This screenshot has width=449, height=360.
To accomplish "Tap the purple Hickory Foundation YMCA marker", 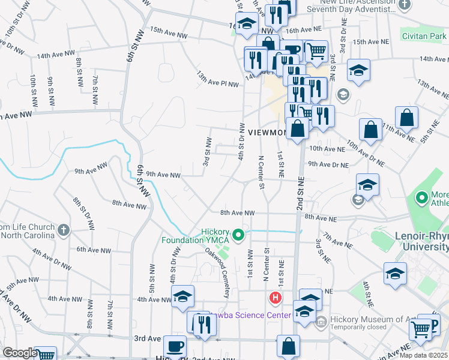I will [238, 235].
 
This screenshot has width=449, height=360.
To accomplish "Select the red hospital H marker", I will [275, 297].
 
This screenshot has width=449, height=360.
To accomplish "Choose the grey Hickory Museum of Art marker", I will [320, 322].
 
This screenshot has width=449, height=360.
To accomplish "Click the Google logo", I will [19, 353].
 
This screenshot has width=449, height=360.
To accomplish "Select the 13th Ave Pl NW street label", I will [217, 79].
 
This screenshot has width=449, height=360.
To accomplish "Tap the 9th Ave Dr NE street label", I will [328, 164].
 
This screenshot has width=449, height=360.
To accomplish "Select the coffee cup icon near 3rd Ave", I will [175, 347].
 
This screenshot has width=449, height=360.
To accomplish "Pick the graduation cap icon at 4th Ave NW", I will [182, 296].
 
